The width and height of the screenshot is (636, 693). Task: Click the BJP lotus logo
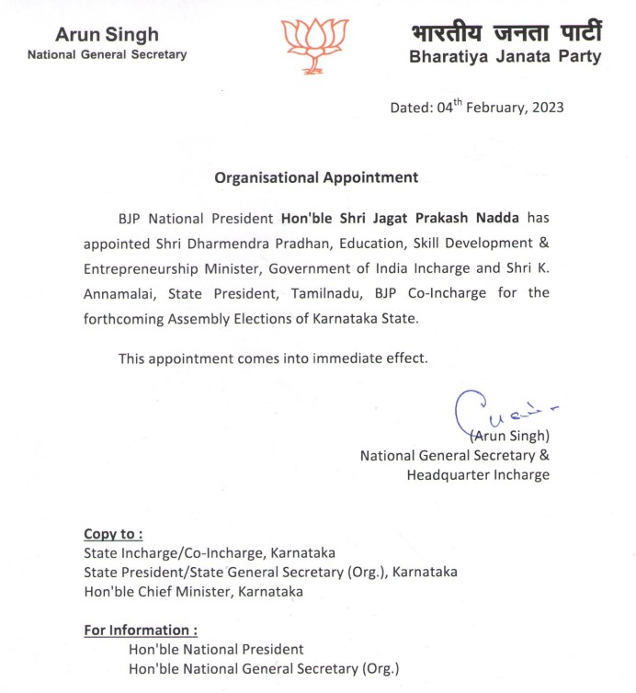(315, 45)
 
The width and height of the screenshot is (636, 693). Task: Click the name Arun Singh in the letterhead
(107, 35)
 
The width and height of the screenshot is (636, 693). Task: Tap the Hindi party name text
(506, 32)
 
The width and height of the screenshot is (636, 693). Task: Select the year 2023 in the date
(546, 108)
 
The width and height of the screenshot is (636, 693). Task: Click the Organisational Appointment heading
(316, 177)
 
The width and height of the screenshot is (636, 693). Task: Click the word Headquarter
(455, 474)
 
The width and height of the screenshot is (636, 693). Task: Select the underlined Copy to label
(113, 534)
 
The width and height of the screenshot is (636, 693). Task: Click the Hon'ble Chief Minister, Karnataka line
(193, 591)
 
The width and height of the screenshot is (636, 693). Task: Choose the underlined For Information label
(140, 631)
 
